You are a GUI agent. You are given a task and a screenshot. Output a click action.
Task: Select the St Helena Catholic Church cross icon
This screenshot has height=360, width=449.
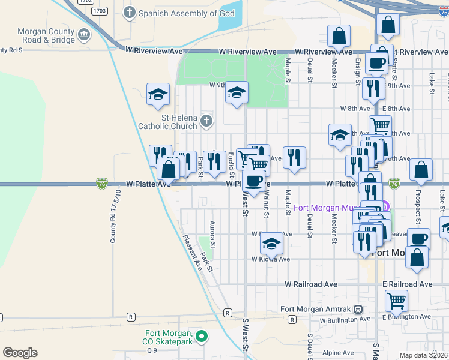tap(206, 121)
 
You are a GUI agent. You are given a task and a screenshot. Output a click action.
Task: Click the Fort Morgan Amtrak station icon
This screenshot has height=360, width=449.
tap(358, 309)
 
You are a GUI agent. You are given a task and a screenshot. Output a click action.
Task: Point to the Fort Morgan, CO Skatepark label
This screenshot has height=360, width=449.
tap(168, 337)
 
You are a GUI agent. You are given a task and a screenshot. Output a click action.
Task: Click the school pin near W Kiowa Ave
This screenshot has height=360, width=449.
tap(271, 244)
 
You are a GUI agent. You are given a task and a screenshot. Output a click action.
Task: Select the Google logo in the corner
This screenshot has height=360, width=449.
tap(20, 353)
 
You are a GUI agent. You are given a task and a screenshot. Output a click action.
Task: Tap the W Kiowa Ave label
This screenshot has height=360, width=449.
tap(271, 259)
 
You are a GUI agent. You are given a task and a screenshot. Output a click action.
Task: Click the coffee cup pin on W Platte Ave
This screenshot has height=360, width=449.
tap(253, 182)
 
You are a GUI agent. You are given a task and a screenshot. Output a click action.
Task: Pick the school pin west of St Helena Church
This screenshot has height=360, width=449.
tap(158, 94)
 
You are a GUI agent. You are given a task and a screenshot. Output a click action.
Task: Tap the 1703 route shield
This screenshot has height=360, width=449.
tap(100, 11)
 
